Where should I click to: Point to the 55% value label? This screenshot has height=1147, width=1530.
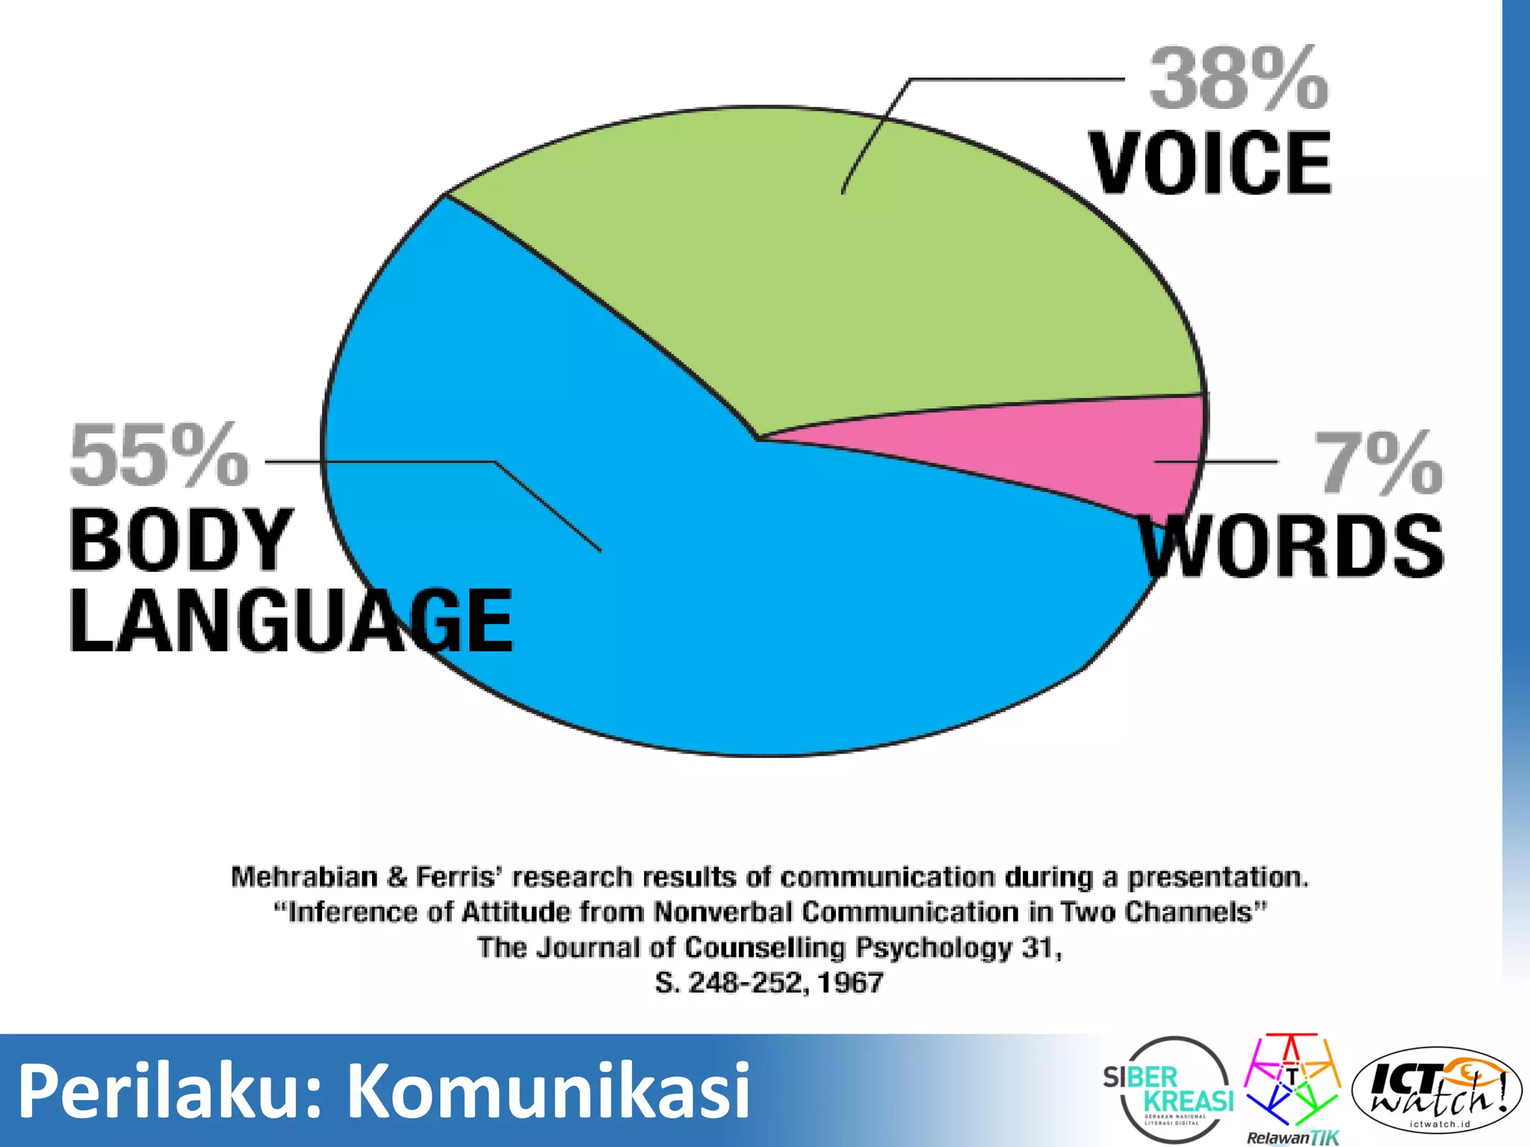click(x=158, y=456)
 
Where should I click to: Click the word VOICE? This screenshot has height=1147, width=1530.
click(x=1210, y=163)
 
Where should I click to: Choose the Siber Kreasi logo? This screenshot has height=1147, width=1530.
click(x=1169, y=1089)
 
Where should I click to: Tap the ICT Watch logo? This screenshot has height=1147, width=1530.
click(x=1436, y=1090)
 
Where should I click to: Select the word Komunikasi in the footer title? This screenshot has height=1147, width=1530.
click(x=549, y=1090)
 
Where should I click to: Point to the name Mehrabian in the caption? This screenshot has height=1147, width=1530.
click(x=304, y=877)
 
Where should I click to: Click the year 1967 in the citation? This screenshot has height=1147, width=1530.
click(x=850, y=983)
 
